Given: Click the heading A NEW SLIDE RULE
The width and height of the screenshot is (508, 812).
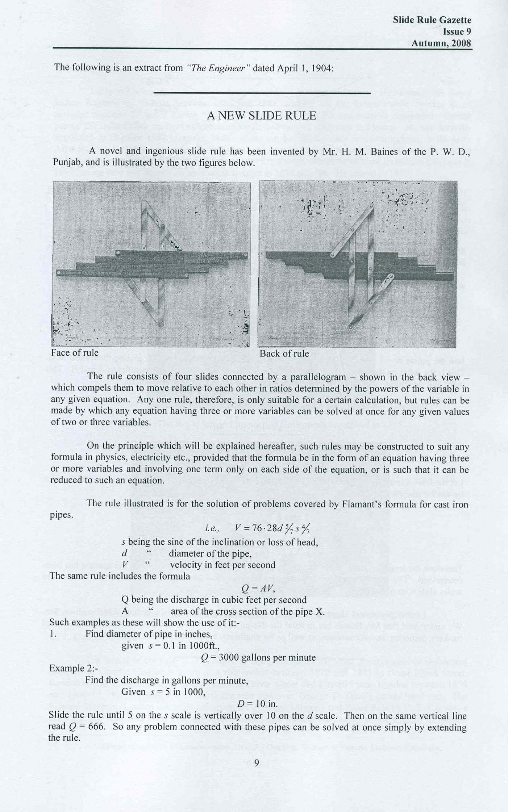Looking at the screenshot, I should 261,116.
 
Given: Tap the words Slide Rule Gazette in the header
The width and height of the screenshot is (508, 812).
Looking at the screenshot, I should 432,20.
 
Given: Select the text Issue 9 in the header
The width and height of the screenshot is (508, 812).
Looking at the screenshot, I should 457,32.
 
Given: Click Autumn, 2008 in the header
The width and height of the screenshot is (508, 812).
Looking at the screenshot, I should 441,43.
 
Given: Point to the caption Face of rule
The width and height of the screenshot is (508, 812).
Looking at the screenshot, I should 75,353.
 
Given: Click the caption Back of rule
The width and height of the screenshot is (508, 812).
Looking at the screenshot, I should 284,353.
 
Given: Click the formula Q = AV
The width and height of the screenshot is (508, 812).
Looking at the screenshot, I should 258,589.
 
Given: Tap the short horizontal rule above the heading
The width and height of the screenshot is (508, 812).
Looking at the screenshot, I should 262,93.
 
